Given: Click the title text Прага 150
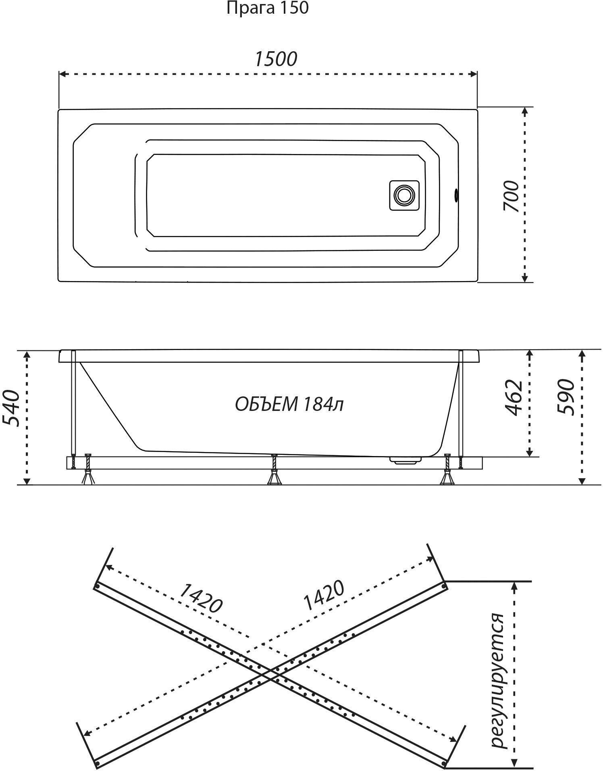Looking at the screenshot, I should pyautogui.click(x=268, y=8).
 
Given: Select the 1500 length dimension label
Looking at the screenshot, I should pyautogui.click(x=276, y=59).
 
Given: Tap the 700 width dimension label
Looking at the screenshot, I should pyautogui.click(x=511, y=196).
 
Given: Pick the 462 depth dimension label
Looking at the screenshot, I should pyautogui.click(x=514, y=398).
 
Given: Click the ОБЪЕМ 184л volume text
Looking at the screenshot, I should pyautogui.click(x=289, y=404).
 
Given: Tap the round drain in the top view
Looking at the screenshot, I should pyautogui.click(x=403, y=195).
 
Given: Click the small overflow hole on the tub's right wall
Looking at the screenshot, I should pyautogui.click(x=456, y=195).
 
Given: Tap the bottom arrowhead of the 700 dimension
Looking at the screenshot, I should pyautogui.click(x=524, y=279).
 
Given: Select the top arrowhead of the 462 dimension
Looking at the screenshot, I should pyautogui.click(x=530, y=354).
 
